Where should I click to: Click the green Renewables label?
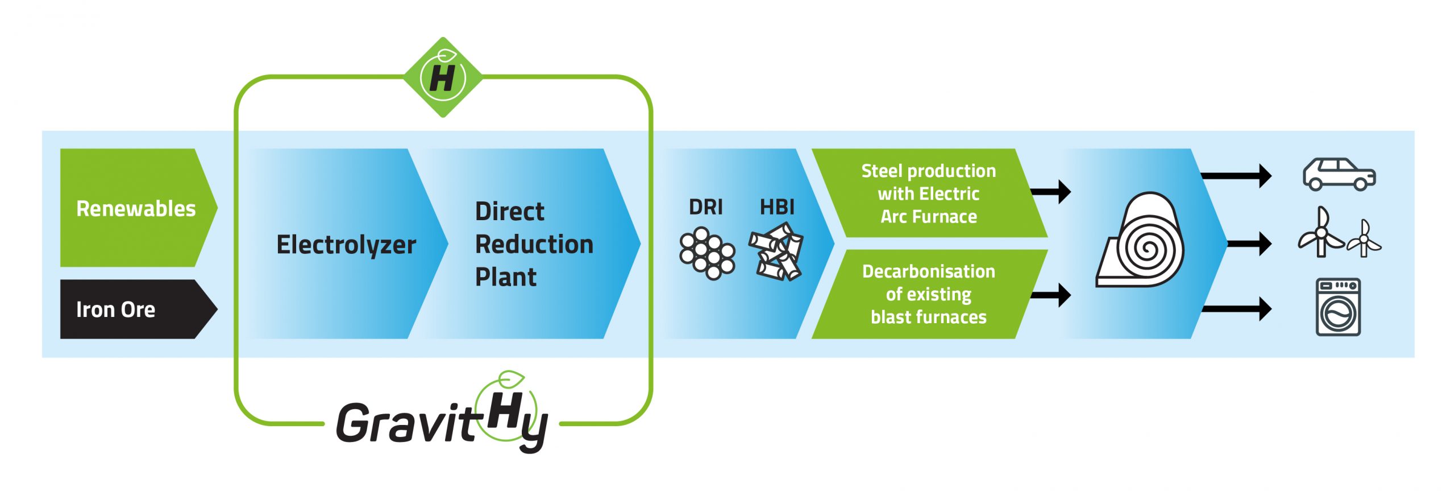tap(136, 208)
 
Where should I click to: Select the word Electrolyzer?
tap(346, 245)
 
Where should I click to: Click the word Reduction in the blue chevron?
tap(534, 244)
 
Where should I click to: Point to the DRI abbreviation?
tap(706, 207)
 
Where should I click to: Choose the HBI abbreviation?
tap(778, 207)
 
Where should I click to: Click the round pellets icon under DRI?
tap(707, 253)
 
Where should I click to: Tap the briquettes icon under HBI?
tap(776, 251)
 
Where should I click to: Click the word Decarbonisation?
tap(929, 271)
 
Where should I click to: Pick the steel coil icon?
tap(1140, 240)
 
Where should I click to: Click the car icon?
tap(1339, 174)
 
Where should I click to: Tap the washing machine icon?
tap(1338, 307)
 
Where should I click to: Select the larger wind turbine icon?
tap(1320, 233)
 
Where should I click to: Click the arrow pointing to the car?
tap(1236, 176)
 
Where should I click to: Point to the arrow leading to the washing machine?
tap(1237, 309)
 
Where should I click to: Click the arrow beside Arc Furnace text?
tap(1051, 192)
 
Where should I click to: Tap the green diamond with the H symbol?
tap(443, 77)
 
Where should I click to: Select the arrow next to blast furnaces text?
tap(1051, 295)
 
